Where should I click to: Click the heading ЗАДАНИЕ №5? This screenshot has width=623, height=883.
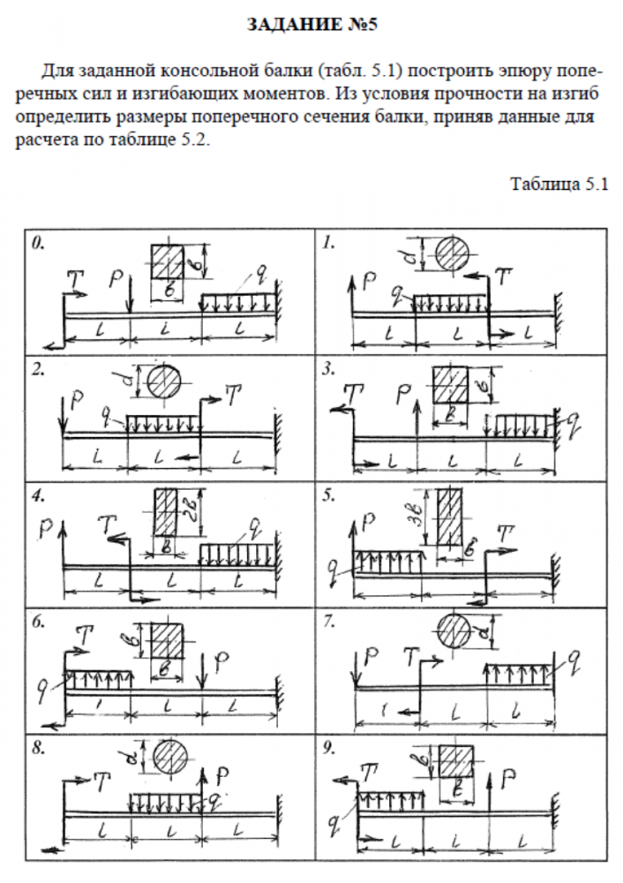click(x=311, y=26)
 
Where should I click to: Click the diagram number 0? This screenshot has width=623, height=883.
click(x=37, y=240)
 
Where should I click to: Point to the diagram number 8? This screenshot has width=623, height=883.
click(x=37, y=747)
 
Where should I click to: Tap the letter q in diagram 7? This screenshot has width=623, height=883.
click(x=574, y=656)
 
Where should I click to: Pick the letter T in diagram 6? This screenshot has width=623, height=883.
click(x=86, y=633)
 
